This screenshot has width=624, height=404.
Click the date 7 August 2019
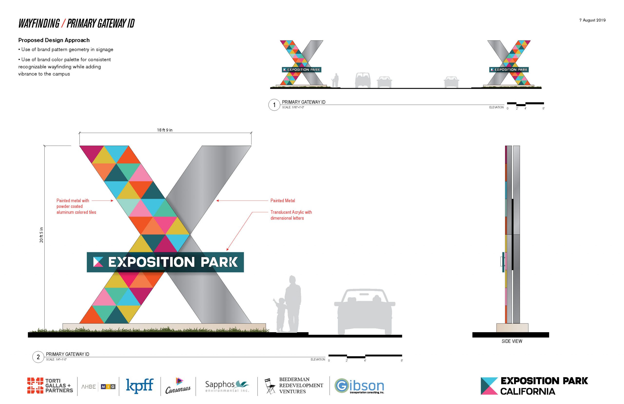[x=592, y=20]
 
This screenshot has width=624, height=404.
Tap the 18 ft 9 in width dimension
[x=165, y=130]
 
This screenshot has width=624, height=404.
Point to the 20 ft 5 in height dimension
[x=41, y=235]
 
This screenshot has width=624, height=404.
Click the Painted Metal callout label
[x=283, y=201]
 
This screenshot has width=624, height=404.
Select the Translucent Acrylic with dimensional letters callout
[x=291, y=215]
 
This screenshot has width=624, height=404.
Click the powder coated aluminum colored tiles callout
[x=76, y=206]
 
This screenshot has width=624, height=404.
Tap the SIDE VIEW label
[x=512, y=341]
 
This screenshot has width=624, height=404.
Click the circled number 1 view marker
[x=274, y=105]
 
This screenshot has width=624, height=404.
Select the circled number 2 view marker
[x=38, y=357]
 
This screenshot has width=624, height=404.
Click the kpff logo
[x=140, y=386]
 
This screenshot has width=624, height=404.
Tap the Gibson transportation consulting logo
[x=359, y=386]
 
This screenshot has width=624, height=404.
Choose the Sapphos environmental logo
[x=227, y=386]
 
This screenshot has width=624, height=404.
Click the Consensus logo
[x=178, y=386]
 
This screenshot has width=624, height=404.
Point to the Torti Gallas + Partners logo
[x=50, y=386]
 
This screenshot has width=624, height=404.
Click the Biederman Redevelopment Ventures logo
[x=294, y=386]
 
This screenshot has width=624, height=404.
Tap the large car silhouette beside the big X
[x=364, y=312]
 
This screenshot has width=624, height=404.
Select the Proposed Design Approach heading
[x=54, y=40]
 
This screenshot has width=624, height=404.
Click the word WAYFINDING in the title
[x=39, y=24]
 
